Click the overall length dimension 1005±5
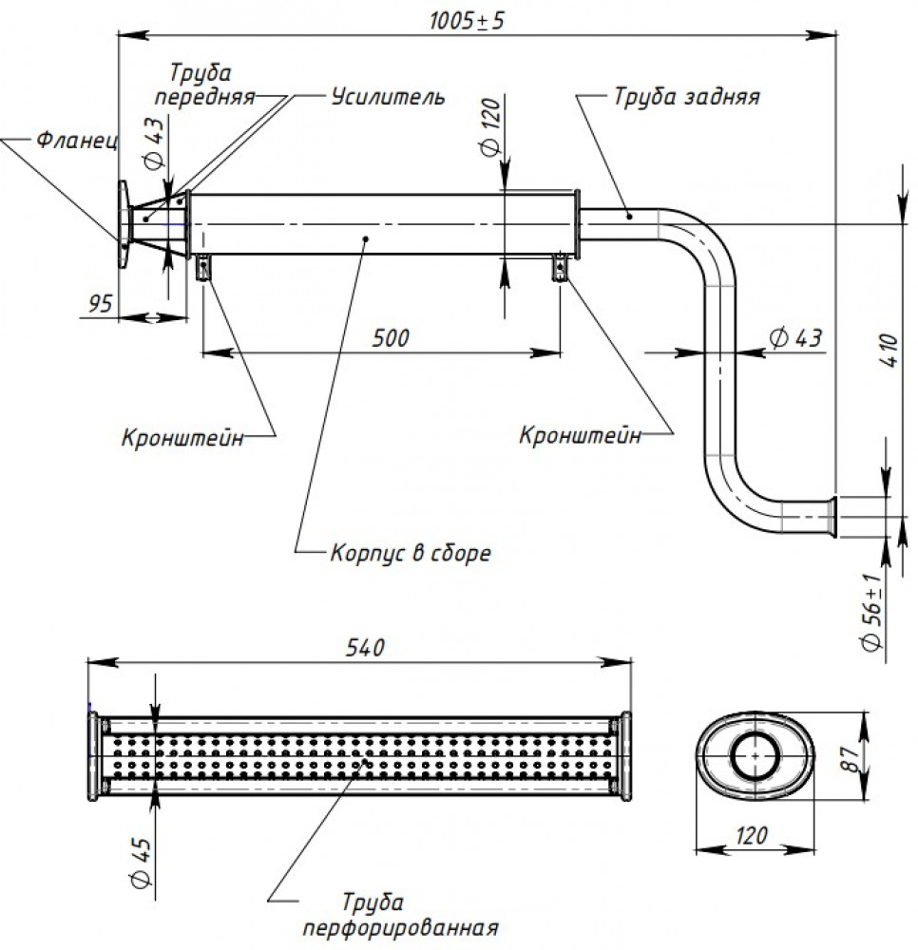coord(466,21)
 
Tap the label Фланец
coord(77,140)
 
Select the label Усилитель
coord(388,96)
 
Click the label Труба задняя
coord(686,96)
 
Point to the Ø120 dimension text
coord(490,128)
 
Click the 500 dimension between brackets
coord(391,337)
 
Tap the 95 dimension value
coord(101,303)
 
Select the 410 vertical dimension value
coord(889,350)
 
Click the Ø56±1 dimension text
coord(872,612)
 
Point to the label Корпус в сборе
coord(411,553)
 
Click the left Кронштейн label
coord(182,437)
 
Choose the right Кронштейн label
coord(580,435)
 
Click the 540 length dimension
coord(365,648)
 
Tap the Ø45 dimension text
coord(142,863)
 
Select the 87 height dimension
coord(851,759)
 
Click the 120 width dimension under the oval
coord(752,836)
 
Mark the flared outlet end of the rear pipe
coord(833,517)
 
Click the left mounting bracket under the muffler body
coord(203,267)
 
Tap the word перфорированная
coord(400,927)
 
